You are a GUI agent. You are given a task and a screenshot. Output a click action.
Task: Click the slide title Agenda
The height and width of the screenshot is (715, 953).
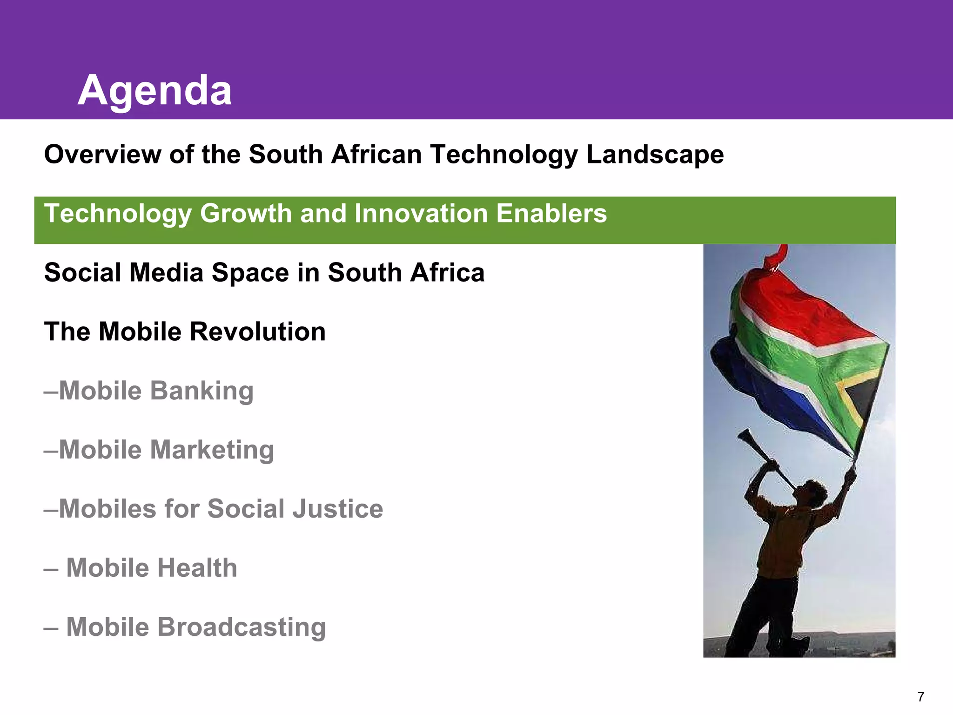tap(154, 91)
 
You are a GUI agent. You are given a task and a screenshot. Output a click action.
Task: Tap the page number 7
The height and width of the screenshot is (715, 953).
tap(920, 697)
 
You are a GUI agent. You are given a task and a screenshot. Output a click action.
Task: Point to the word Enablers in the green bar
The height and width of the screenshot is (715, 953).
tap(551, 214)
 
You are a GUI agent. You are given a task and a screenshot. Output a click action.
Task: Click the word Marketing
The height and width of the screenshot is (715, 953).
tap(212, 450)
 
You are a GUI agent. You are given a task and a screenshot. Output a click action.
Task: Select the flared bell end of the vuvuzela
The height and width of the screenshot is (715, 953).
tap(744, 435)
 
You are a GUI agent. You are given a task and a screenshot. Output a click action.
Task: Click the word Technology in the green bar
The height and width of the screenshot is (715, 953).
tap(118, 214)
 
